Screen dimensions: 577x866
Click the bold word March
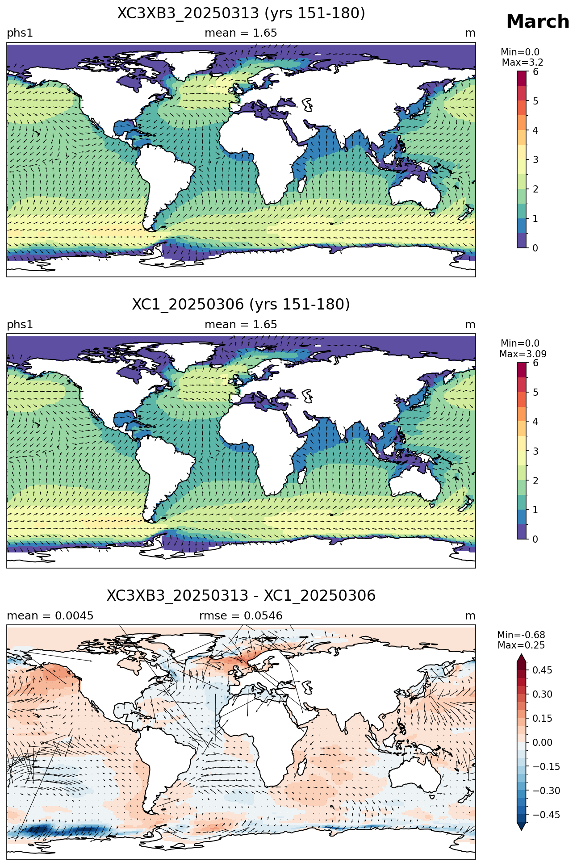point(538,21)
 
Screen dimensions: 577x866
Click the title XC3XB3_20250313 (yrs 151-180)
point(241,13)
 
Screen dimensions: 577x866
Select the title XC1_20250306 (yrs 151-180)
point(241,305)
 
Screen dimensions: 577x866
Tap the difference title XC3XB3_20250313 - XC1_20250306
point(241,596)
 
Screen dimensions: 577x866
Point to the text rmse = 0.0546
point(241,616)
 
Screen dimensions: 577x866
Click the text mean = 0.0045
point(50,616)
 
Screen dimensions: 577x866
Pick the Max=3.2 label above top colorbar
point(523,63)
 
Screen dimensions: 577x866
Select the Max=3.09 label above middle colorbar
point(523,354)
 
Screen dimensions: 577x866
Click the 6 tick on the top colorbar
point(535,72)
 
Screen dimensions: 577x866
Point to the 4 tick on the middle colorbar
point(535,422)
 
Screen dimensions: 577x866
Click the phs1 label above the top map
point(20,33)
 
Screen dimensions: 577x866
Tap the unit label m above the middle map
point(470,325)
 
